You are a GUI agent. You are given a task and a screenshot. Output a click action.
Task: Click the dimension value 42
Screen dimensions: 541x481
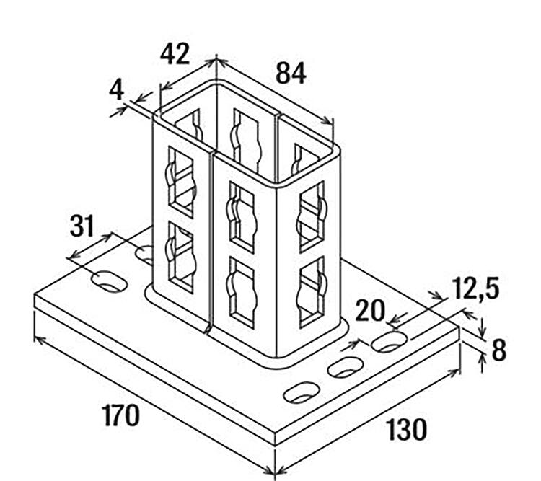coord(175,54)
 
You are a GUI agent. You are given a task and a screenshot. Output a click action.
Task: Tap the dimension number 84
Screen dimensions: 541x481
coord(291,74)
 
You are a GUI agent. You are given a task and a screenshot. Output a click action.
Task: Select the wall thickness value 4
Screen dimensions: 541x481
coord(116,89)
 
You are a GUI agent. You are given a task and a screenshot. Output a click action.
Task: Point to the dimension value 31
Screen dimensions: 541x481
coord(82,226)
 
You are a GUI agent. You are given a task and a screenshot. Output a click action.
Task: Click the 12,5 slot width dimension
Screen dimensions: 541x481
coord(476,288)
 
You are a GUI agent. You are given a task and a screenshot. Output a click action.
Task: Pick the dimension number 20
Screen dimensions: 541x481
coord(369,311)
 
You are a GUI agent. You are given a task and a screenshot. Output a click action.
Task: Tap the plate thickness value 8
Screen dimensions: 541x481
coord(498,350)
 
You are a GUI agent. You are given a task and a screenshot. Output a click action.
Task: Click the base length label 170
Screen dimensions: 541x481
coord(120,415)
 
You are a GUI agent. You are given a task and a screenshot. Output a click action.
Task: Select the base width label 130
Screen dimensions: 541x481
coord(405,430)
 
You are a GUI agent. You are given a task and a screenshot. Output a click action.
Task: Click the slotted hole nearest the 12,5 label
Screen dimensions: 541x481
coord(390,342)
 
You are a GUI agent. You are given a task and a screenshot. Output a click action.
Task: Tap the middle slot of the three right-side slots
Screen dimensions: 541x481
coord(346,367)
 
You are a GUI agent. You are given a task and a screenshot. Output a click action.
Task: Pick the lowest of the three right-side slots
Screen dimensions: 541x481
coord(302,392)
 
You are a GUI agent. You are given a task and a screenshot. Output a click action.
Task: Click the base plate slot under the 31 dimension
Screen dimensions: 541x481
coord(110,281)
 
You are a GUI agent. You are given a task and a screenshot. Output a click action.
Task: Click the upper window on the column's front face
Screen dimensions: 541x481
coord(242,217)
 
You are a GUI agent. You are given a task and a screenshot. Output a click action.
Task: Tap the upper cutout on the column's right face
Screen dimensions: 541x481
coord(312,216)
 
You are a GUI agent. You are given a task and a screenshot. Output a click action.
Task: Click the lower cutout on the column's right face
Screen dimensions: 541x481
coord(312,291)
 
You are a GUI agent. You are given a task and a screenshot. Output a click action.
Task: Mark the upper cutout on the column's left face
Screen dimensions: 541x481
coord(181,182)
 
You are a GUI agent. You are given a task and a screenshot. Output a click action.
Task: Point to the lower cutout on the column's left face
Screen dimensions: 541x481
coord(181,257)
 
